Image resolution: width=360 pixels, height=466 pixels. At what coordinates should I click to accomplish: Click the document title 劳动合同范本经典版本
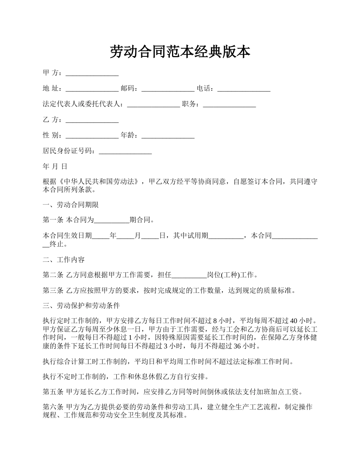pyautogui.click(x=180, y=52)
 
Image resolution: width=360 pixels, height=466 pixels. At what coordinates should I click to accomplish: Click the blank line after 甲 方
pyautogui.click(x=92, y=73)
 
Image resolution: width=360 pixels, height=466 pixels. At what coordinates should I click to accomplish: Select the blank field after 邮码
pyautogui.click(x=168, y=89)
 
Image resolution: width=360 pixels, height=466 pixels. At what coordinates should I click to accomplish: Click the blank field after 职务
pyautogui.click(x=229, y=104)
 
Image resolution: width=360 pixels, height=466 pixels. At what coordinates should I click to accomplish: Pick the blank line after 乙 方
pyautogui.click(x=92, y=120)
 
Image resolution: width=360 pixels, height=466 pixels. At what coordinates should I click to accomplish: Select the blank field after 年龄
pyautogui.click(x=168, y=135)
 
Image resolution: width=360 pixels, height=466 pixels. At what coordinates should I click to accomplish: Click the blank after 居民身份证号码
pyautogui.click(x=125, y=151)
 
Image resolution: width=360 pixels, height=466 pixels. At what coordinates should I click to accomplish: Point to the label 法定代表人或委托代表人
pyautogui.click(x=83, y=104)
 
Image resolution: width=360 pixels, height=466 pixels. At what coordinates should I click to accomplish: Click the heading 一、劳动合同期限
pyautogui.click(x=71, y=205)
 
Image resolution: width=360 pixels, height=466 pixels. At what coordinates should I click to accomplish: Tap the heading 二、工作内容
pyautogui.click(x=64, y=260)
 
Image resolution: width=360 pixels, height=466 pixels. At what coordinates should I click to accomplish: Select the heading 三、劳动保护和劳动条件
pyautogui.click(x=81, y=305)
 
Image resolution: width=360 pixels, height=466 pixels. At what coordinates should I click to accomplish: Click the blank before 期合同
pyautogui.click(x=111, y=220)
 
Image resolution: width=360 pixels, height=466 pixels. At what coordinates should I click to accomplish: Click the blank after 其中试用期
pyautogui.click(x=226, y=236)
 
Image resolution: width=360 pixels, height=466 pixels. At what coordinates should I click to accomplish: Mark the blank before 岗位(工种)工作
pyautogui.click(x=189, y=275)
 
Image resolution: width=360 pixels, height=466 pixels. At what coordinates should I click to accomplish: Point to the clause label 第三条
pyautogui.click(x=53, y=291)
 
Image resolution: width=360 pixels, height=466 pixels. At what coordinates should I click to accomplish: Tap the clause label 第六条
pyautogui.click(x=53, y=407)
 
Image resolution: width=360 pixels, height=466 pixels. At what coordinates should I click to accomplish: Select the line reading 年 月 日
pyautogui.click(x=55, y=166)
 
